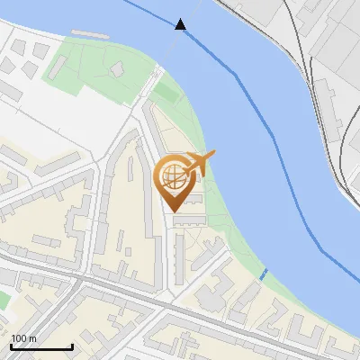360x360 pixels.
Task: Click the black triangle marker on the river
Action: click(x=181, y=24)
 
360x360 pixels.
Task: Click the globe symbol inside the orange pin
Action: click(x=171, y=175)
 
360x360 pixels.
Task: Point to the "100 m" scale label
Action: click(x=23, y=338)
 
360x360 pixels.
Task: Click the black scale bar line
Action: click(x=41, y=346)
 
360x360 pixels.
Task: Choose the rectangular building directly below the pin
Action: click(x=188, y=219)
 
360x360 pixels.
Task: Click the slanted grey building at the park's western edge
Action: click(x=143, y=84)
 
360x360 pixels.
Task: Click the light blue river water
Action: click(x=270, y=180)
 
